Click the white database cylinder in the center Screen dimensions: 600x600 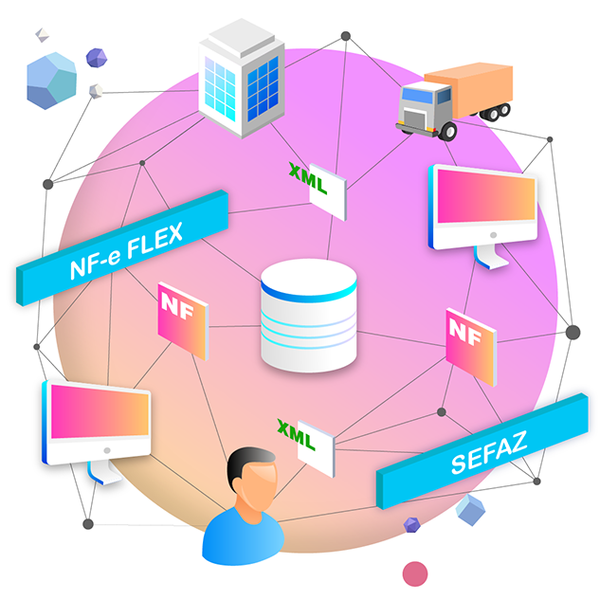[308, 316]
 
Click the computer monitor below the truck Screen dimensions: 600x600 [482, 208]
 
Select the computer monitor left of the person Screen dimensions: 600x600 [96, 423]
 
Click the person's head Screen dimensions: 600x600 [253, 482]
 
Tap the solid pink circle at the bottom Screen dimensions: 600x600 [415, 573]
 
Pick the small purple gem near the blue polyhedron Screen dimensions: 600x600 [96, 58]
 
